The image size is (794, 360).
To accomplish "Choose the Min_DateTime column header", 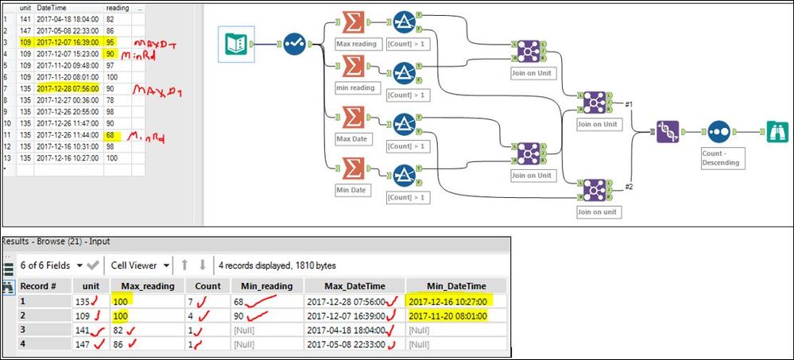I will click(x=455, y=285).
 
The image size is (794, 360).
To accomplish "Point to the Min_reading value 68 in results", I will click(x=243, y=302).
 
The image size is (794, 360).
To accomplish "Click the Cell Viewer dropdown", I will click(x=141, y=265).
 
